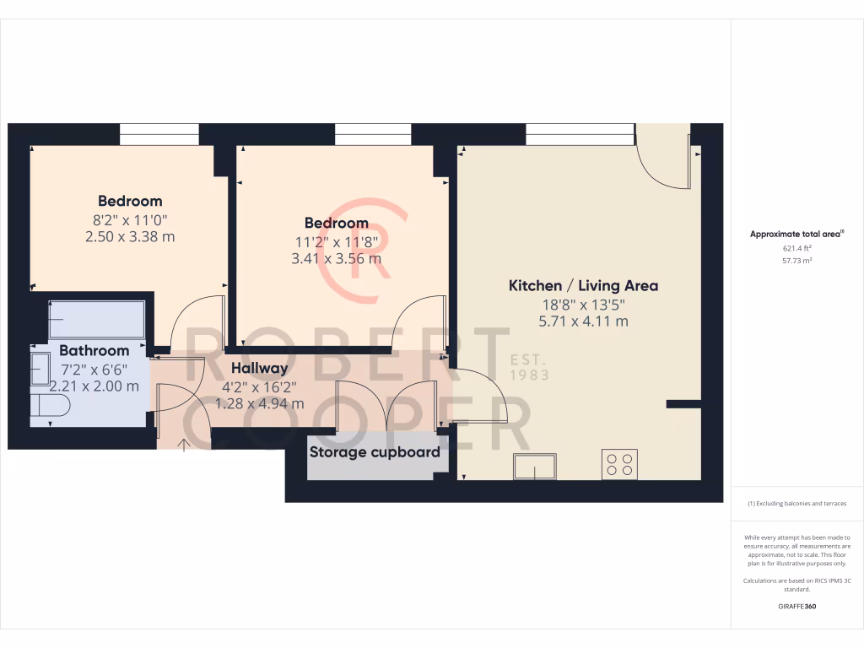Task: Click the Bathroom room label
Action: click(x=94, y=350)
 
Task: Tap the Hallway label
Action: click(x=259, y=368)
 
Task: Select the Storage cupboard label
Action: click(x=375, y=452)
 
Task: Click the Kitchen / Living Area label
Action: click(x=583, y=286)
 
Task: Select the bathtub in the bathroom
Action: click(x=96, y=320)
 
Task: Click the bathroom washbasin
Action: click(x=40, y=369)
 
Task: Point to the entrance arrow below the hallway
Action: click(x=185, y=444)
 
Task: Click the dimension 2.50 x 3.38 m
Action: click(x=130, y=237)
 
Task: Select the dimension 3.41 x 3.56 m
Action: click(x=337, y=259)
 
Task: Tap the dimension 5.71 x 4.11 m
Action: click(x=583, y=321)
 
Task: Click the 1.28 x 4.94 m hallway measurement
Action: click(x=259, y=403)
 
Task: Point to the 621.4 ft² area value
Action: click(x=797, y=249)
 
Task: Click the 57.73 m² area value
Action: click(x=797, y=261)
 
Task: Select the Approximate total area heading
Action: click(x=796, y=235)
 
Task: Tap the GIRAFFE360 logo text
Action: click(x=797, y=606)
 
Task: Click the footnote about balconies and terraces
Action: click(x=797, y=504)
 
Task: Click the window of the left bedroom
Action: click(x=159, y=134)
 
